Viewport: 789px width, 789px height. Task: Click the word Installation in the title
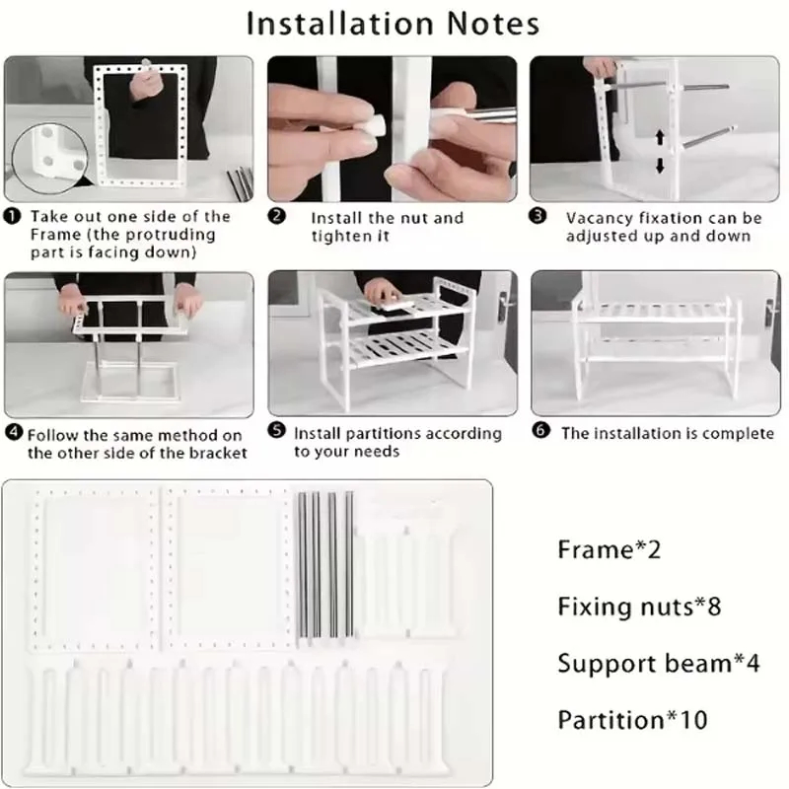[x=340, y=23]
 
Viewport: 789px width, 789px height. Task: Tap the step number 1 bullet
[x=12, y=216]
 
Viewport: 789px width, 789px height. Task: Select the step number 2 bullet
[x=276, y=216]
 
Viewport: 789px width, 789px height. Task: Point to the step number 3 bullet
[x=538, y=216]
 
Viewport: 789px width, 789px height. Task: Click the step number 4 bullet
[x=14, y=432]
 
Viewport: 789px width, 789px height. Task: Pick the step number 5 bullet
[x=276, y=430]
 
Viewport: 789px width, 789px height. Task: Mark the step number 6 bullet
[x=540, y=430]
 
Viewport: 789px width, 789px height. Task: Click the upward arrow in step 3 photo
[x=660, y=138]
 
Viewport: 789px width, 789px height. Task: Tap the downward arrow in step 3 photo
[x=660, y=166]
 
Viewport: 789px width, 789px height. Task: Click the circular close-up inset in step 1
[x=49, y=159]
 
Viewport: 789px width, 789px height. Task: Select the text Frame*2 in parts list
[x=609, y=549]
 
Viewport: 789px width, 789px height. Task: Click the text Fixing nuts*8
[x=639, y=607]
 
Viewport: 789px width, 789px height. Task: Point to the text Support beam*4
[x=659, y=663]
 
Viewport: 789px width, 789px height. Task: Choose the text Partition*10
[x=632, y=720]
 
